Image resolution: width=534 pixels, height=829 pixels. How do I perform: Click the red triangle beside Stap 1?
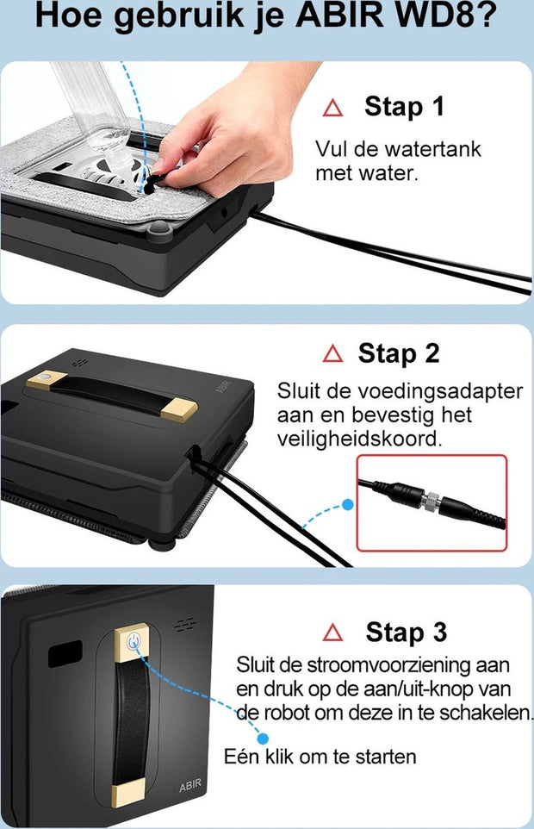pyautogui.click(x=332, y=109)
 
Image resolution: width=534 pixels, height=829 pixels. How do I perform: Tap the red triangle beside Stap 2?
pyautogui.click(x=332, y=353)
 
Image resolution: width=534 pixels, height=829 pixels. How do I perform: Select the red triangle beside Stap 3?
pyautogui.click(x=332, y=632)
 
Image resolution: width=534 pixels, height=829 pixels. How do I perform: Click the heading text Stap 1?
pyautogui.click(x=405, y=106)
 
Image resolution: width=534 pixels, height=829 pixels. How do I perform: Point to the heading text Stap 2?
pyautogui.click(x=399, y=353)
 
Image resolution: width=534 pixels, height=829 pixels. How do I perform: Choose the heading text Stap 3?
pyautogui.click(x=407, y=632)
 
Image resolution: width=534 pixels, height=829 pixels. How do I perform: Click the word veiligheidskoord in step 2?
pyautogui.click(x=360, y=439)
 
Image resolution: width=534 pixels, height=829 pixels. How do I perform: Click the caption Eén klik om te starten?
pyautogui.click(x=320, y=757)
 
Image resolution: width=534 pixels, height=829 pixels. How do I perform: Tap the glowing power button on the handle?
pyautogui.click(x=134, y=641)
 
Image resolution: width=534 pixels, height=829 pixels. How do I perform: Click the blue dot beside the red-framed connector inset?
pyautogui.click(x=348, y=505)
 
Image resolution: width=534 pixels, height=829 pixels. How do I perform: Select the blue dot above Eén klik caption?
pyautogui.click(x=263, y=739)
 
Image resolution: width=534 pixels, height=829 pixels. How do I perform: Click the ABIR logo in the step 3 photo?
pyautogui.click(x=190, y=785)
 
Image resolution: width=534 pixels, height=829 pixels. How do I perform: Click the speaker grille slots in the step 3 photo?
pyautogui.click(x=185, y=625)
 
